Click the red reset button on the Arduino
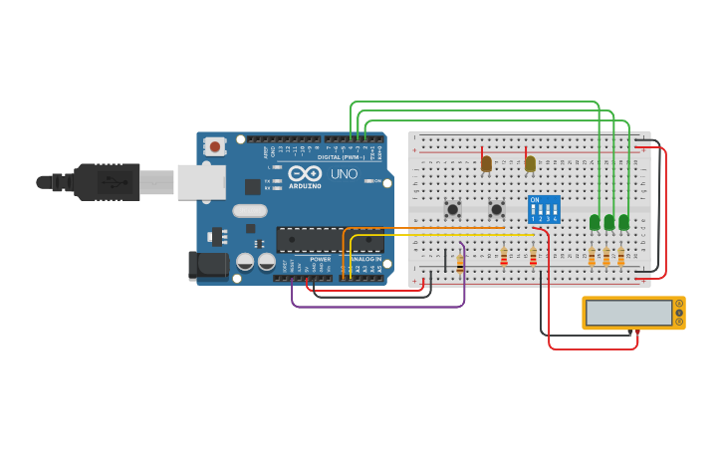coord(215,146)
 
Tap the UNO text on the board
coord(344,174)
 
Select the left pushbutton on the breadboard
coord(452,209)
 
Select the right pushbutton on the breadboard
coord(496,209)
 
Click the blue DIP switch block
coord(544,209)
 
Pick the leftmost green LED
coord(595,222)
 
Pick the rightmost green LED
coord(623,222)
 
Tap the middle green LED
coord(609,222)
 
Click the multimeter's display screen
coord(628,313)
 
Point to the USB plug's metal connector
coord(155,182)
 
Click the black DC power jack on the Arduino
coord(208,265)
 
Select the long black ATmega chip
coord(329,239)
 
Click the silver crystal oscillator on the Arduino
coord(250,210)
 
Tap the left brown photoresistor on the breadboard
coord(486,163)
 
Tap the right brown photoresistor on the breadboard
coord(530,163)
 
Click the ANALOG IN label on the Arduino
coord(364,259)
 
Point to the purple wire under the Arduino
coord(378,306)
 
